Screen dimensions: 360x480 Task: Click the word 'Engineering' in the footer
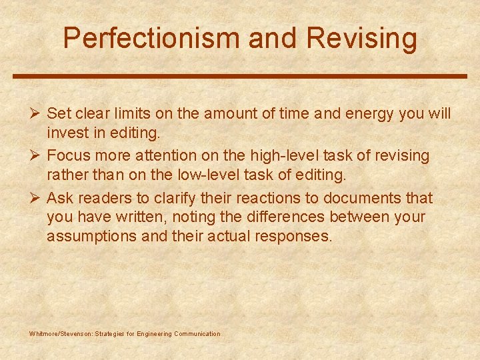point(153,334)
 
